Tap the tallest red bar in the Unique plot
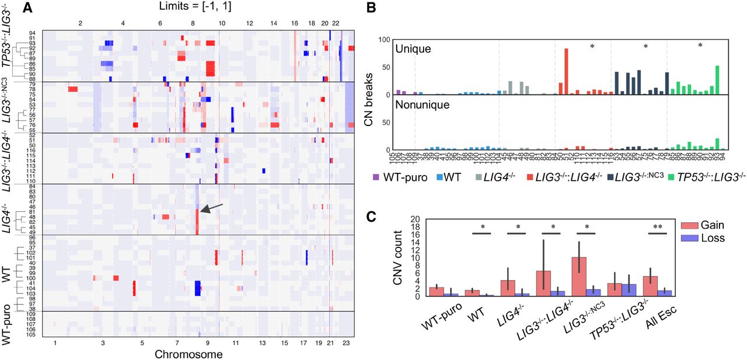click(566, 71)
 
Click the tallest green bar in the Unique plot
click(717, 80)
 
